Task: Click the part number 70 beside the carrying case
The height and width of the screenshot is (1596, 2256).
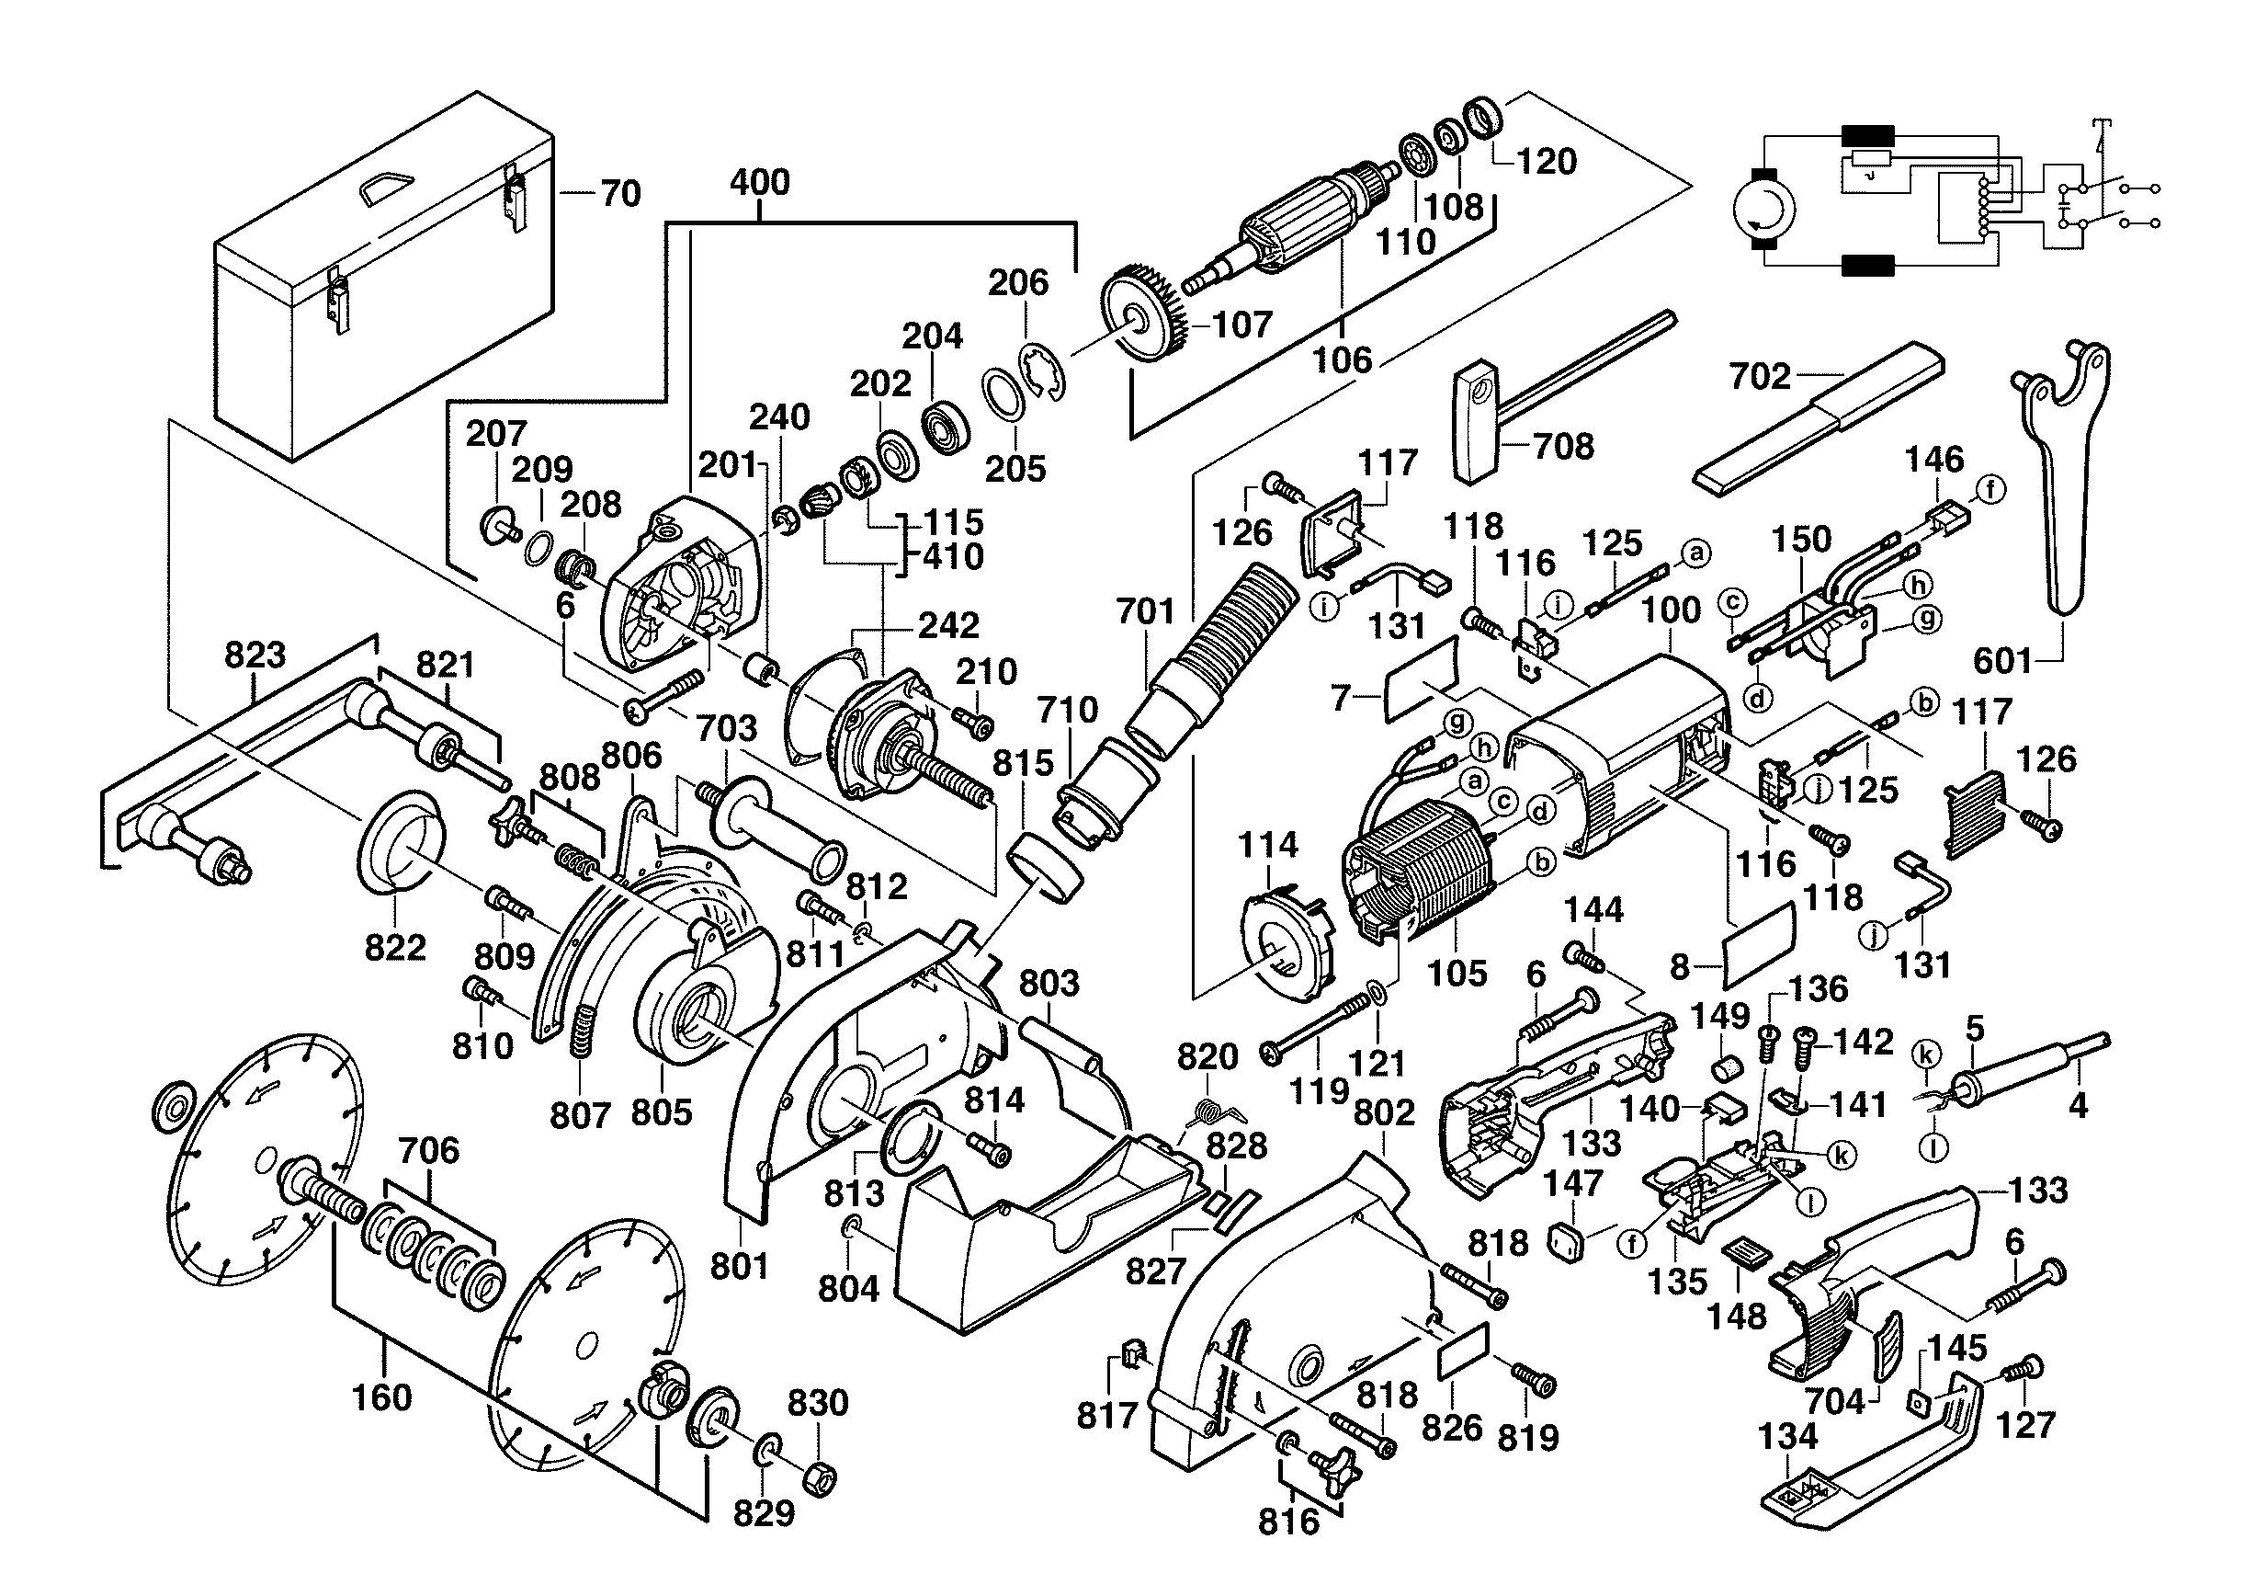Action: (620, 194)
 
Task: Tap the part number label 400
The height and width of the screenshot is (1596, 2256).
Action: (760, 182)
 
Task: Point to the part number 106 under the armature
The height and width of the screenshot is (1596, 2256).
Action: (1343, 359)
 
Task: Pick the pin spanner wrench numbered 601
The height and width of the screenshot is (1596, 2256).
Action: (2063, 472)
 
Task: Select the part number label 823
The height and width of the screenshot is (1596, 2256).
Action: (255, 655)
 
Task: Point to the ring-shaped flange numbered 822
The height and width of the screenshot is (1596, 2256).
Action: (399, 840)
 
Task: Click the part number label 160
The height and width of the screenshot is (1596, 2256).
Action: (381, 1396)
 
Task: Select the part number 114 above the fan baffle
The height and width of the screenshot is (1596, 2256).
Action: (1267, 844)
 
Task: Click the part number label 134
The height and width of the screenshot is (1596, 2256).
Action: (1787, 1437)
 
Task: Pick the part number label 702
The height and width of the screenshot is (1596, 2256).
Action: (1760, 375)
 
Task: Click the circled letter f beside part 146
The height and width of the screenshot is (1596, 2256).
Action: (1990, 489)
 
